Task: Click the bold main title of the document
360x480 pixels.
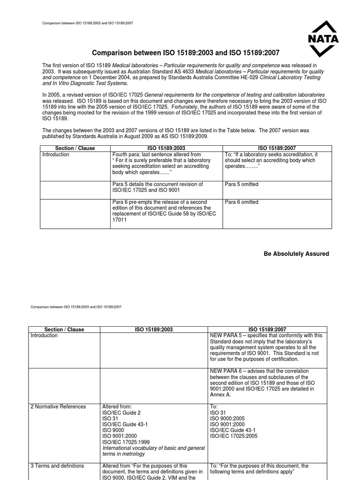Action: coord(182,53)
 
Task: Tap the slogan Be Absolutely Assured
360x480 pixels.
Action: coord(296,254)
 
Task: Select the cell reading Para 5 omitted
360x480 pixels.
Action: coord(241,184)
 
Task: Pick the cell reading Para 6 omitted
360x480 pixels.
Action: coord(241,202)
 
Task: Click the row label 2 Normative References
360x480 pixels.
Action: coord(59,406)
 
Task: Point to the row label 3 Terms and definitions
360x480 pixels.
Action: coord(57,466)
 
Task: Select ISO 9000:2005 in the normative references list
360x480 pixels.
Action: coord(227,418)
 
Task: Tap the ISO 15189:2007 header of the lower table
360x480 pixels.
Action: coord(267,330)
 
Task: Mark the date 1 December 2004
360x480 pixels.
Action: coord(110,77)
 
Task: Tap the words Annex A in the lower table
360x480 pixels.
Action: coord(222,395)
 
